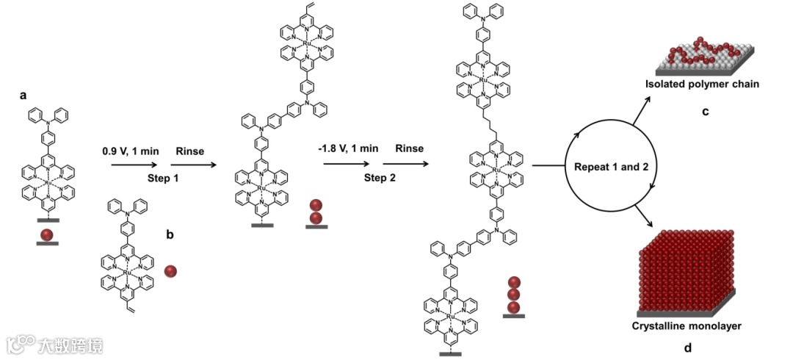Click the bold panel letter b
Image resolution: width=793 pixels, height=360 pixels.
tap(170, 235)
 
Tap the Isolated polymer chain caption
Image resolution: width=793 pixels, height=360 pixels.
tap(702, 84)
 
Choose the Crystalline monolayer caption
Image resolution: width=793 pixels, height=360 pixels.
tap(685, 325)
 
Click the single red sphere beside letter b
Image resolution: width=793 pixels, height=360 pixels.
tap(170, 272)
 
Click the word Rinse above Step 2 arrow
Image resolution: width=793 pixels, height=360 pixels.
tap(409, 148)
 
